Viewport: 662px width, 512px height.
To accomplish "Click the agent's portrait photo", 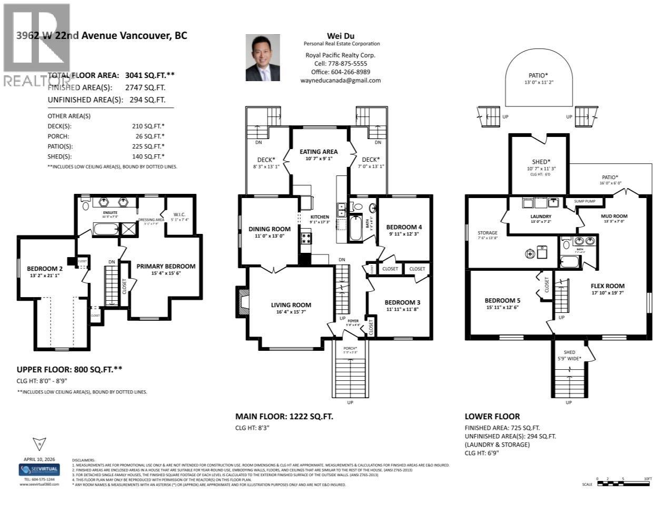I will [262, 58].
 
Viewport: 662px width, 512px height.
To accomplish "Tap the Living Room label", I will [291, 305].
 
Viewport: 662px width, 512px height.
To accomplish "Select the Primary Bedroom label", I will [166, 267].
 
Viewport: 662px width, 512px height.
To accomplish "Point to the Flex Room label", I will [607, 286].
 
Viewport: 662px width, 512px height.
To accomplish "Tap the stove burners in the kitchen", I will [305, 239].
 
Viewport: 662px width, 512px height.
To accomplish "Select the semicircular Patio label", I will [538, 75].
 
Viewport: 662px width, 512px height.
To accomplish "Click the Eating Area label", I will [319, 152].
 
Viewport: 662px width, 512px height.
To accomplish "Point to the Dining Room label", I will [269, 229].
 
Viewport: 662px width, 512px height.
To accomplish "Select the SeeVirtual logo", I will [39, 469].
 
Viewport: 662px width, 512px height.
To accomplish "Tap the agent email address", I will [340, 81].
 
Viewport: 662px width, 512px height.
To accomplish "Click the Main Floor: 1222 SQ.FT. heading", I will [284, 416].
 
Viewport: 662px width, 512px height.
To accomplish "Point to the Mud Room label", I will [614, 216].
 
